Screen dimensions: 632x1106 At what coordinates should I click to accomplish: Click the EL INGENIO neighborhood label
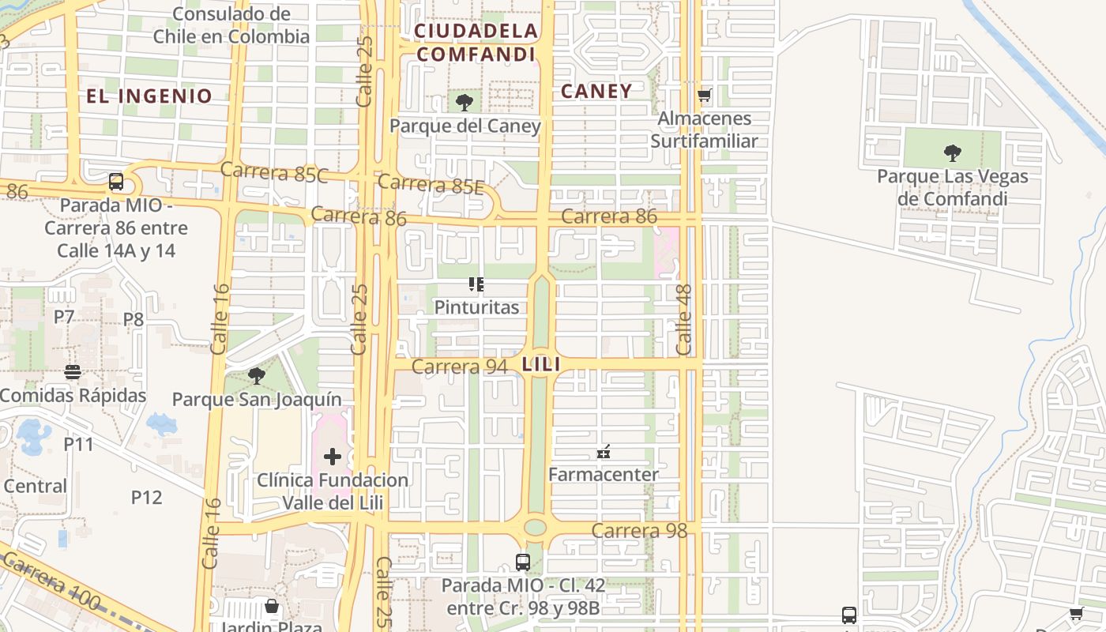(x=149, y=96)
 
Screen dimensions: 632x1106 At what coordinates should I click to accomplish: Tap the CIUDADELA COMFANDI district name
(x=476, y=43)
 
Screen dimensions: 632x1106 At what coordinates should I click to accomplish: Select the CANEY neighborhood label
(x=596, y=91)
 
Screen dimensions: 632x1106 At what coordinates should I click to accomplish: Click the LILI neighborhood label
(x=541, y=364)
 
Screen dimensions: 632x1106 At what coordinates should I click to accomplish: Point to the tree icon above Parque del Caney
(x=465, y=102)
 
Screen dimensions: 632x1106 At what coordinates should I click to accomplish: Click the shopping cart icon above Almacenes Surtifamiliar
(x=704, y=96)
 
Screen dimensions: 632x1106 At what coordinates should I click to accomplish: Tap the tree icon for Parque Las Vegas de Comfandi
(x=953, y=152)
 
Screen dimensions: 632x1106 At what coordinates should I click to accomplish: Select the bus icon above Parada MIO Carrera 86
(x=116, y=182)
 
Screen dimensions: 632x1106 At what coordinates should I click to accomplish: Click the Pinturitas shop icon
(x=476, y=284)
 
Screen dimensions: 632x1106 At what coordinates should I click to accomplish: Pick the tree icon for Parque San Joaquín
(x=256, y=375)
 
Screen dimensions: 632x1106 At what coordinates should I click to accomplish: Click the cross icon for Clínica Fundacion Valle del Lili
(x=333, y=456)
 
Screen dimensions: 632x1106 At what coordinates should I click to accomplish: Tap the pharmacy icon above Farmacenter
(x=604, y=452)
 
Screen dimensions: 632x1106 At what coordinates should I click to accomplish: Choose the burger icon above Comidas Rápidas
(x=73, y=371)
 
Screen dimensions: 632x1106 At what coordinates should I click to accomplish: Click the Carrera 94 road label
(x=459, y=367)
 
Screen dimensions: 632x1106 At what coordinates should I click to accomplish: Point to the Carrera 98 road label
(x=639, y=530)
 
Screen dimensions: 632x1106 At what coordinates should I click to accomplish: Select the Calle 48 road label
(x=684, y=320)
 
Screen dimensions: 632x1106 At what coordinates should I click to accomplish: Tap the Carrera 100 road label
(x=52, y=583)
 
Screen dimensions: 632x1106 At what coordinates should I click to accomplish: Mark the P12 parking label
(x=146, y=497)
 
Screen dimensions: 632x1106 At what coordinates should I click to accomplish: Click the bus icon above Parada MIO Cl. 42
(x=522, y=562)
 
